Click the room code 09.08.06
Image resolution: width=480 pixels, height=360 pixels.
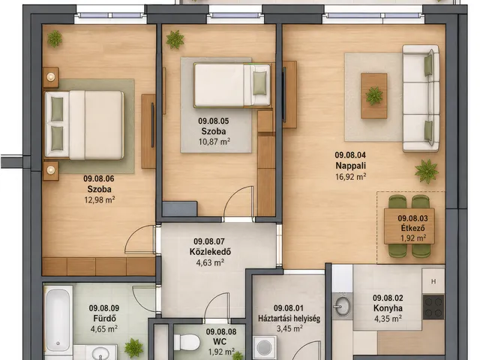point(99,178)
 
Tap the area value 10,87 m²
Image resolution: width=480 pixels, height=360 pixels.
point(214,142)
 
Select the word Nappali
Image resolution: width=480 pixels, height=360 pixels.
point(351,166)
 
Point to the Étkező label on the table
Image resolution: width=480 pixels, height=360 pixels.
point(413,228)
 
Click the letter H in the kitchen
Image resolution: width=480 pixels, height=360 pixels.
point(433,282)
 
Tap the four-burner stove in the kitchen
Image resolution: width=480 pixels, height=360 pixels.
point(433,307)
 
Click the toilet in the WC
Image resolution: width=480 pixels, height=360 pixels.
point(187,342)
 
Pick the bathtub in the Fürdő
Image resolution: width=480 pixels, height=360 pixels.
point(58,318)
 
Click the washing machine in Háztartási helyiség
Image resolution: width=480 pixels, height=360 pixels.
point(265,347)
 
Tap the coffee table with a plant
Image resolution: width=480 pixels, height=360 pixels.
point(373,95)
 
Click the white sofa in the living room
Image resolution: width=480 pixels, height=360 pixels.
point(421,98)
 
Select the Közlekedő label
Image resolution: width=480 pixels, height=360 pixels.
point(210,252)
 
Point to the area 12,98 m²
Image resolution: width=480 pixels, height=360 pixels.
point(100,200)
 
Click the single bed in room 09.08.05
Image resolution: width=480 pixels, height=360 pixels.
point(232,85)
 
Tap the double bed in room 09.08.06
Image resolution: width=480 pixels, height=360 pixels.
point(84,125)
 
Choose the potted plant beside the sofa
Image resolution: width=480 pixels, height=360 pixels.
point(427,172)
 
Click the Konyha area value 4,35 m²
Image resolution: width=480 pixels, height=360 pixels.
point(388,319)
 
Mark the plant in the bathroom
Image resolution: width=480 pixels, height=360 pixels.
point(133,348)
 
